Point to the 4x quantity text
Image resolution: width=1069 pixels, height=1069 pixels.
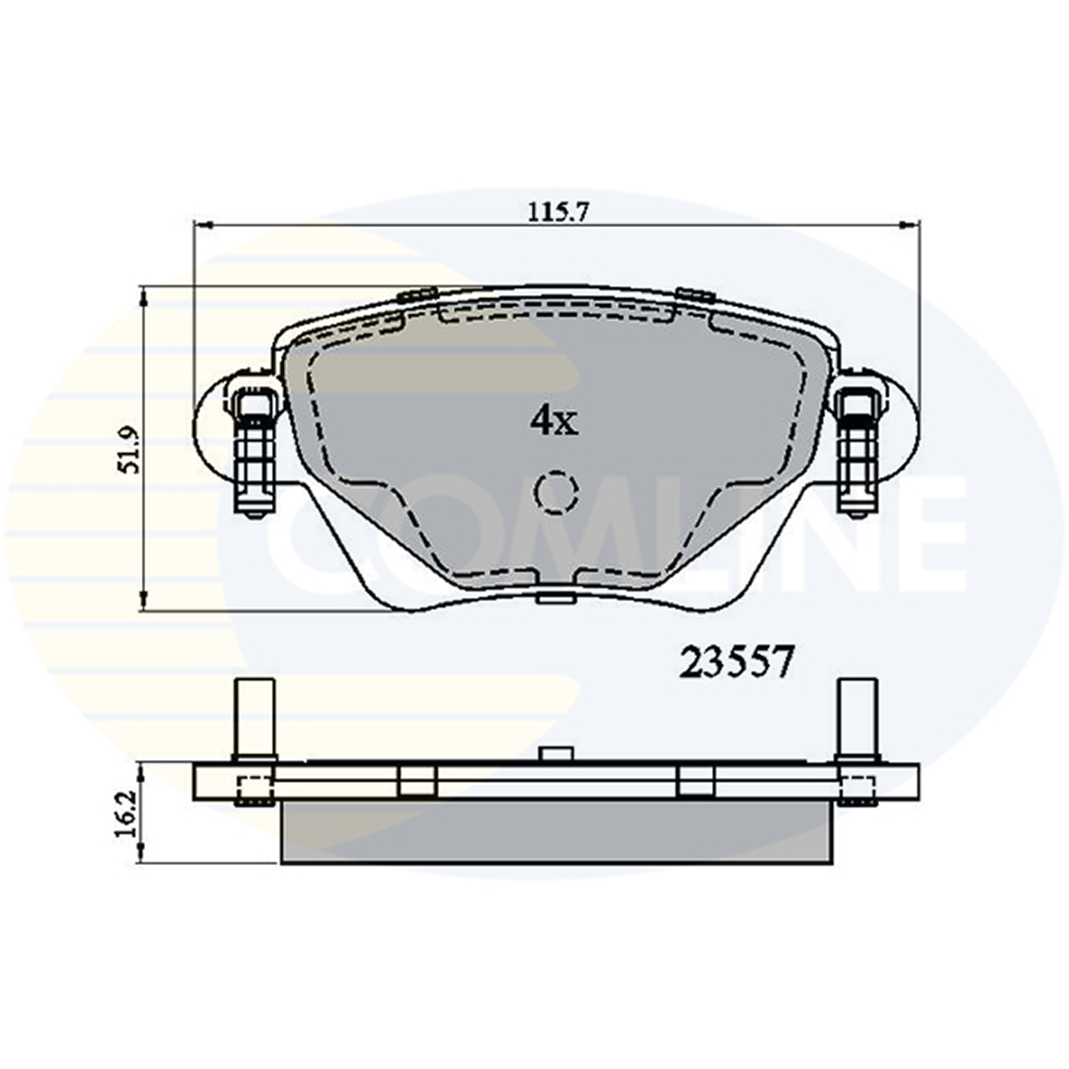pyautogui.click(x=553, y=422)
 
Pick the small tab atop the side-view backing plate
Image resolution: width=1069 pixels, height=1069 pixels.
pyautogui.click(x=556, y=754)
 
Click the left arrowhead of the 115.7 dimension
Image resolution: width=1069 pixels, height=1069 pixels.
pyautogui.click(x=204, y=224)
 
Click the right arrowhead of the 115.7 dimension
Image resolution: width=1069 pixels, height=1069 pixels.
pyautogui.click(x=909, y=224)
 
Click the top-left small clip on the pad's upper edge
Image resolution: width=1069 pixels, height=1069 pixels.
pyautogui.click(x=416, y=295)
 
